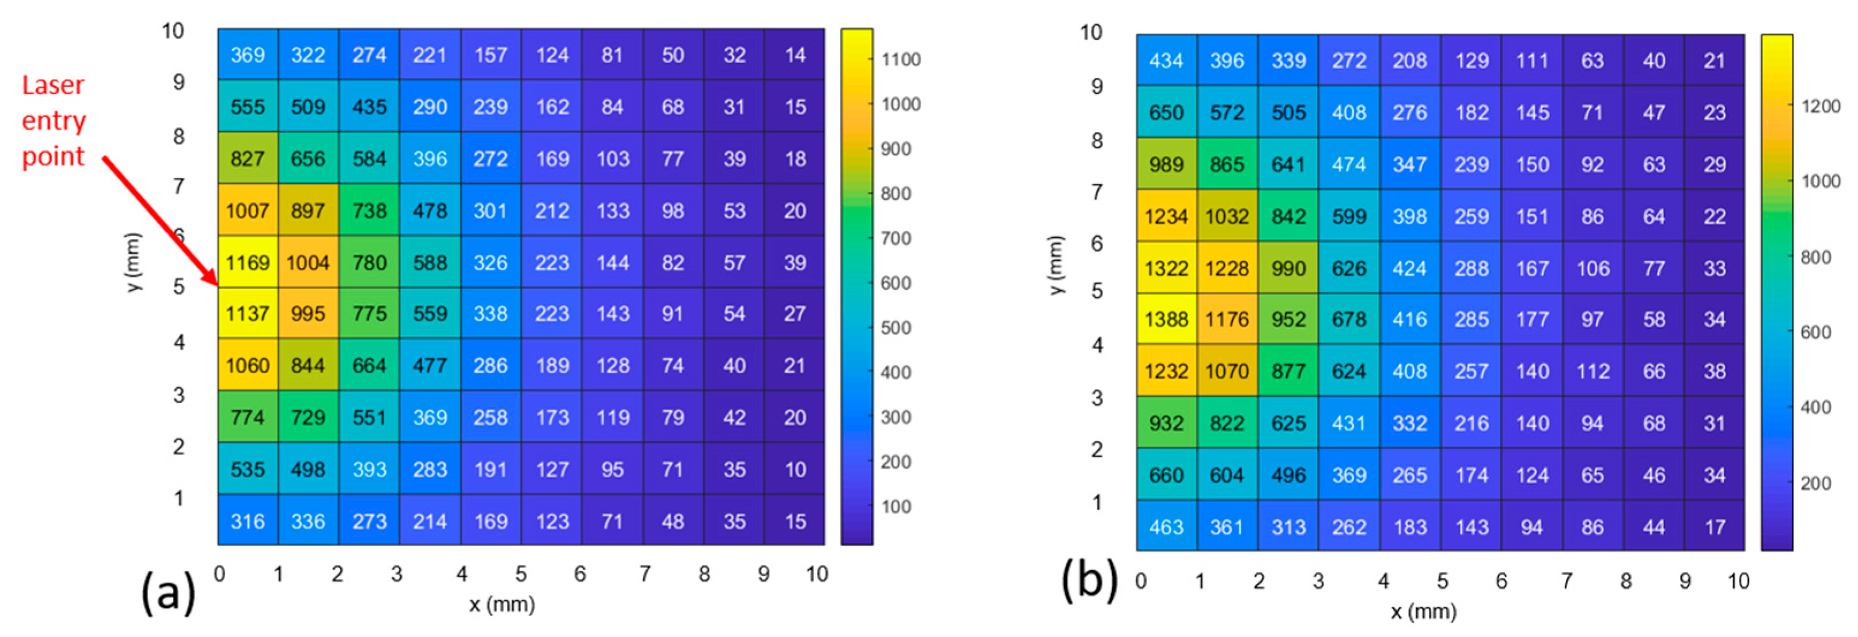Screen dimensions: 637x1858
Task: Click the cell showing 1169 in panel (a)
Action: [x=248, y=262]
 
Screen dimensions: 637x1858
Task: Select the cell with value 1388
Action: [x=1166, y=319]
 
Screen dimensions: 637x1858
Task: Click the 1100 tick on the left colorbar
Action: [x=901, y=59]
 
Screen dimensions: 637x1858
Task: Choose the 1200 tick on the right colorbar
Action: [x=1821, y=106]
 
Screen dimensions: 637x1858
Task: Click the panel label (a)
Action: [x=168, y=591]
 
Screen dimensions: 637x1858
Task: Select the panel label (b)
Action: [x=1089, y=581]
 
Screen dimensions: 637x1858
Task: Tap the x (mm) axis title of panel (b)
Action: [x=1423, y=612]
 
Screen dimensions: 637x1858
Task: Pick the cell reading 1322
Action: [x=1166, y=268]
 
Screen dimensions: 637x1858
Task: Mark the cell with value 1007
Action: [x=248, y=211]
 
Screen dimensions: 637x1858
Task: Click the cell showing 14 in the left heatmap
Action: [x=795, y=55]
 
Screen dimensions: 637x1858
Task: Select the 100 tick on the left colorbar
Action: [x=896, y=506]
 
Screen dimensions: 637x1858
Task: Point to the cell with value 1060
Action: [x=248, y=365]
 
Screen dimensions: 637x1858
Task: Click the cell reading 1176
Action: [x=1227, y=319]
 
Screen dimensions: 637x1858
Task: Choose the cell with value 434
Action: [x=1166, y=60]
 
